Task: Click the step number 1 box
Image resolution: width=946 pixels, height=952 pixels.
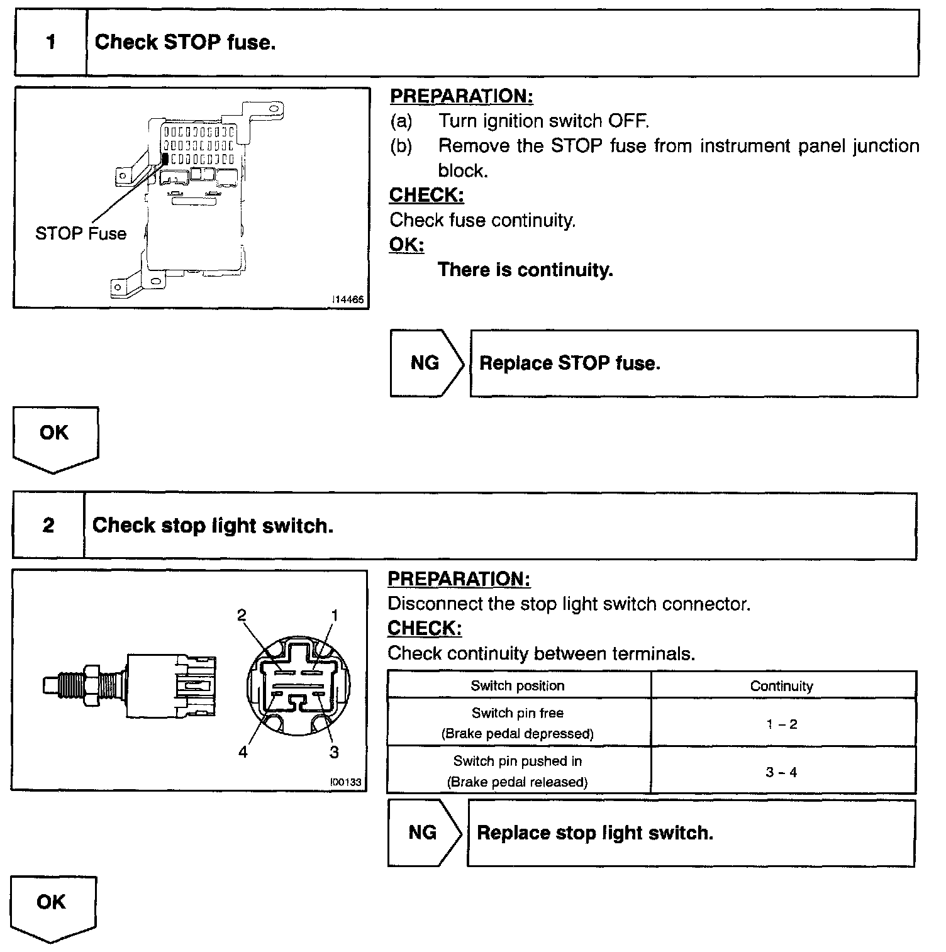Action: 50,43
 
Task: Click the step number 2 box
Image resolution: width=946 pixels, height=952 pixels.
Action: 48,526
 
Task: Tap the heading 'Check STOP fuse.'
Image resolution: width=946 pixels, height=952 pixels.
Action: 185,43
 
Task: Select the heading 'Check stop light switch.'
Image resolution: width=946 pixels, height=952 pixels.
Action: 213,526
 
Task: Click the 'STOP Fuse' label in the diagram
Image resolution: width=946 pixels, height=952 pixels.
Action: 81,234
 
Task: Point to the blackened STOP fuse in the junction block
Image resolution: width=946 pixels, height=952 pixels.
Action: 165,159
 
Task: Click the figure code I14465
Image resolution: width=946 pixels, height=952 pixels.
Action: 348,300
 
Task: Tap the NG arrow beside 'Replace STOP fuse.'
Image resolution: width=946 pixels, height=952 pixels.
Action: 426,363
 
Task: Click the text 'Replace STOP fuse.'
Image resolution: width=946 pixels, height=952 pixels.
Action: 569,363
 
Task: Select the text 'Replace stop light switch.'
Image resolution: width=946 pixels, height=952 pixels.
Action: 595,833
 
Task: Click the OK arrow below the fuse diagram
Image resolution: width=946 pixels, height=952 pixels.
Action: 55,436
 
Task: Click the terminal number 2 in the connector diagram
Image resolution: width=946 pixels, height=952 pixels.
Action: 242,615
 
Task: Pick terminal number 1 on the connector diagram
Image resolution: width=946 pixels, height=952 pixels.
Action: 335,615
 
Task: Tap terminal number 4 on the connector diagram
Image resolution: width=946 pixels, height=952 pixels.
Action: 243,752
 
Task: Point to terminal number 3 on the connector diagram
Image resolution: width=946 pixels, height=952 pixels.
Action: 334,752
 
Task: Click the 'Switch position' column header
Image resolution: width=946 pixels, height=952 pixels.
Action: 518,686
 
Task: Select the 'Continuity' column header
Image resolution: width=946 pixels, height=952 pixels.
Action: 781,686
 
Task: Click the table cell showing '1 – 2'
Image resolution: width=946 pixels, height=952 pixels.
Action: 782,724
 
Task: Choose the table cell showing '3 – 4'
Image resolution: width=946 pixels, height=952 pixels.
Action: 782,772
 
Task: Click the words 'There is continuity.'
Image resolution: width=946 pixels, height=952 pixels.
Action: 525,270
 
